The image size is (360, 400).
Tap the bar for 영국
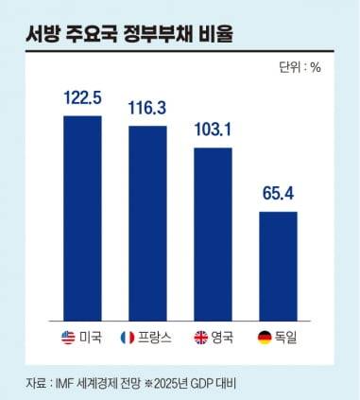click(213, 231)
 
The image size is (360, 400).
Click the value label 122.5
click(82, 98)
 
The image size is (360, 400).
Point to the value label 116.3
click(147, 108)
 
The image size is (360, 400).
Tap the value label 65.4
click(278, 195)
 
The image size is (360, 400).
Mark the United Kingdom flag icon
click(200, 336)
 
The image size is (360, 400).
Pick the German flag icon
click(266, 336)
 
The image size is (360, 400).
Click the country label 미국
click(91, 336)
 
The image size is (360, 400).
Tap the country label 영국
click(223, 336)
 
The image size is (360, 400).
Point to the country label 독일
click(288, 336)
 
